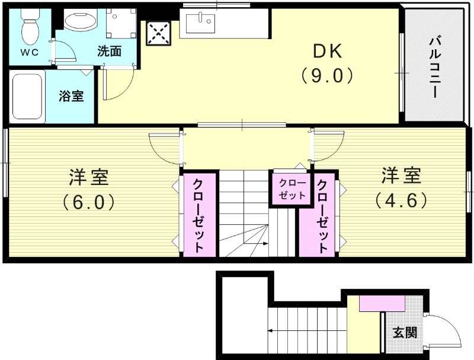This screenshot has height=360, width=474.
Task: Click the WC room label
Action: tap(30, 52)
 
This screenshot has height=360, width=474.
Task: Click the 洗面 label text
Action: tap(110, 52)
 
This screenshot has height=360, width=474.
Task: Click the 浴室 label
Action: tap(71, 96)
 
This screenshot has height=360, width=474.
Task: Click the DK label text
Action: tap(328, 53)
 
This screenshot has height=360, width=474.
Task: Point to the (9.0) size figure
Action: tap(327, 76)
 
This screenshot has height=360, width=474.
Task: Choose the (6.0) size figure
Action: tap(88, 202)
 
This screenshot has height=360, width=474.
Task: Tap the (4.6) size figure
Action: tap(401, 201)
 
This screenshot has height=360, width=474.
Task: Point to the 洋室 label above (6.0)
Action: tap(88, 177)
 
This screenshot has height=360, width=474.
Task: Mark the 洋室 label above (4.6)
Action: tap(401, 176)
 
